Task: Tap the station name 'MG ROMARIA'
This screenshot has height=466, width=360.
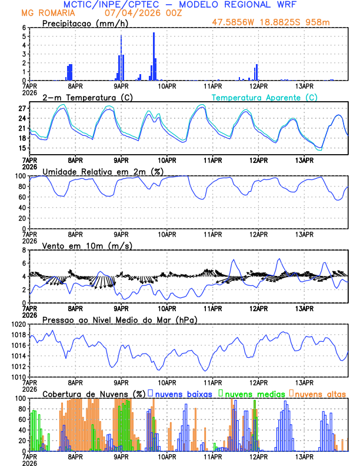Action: [43, 13]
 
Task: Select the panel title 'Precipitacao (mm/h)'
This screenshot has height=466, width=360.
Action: [85, 24]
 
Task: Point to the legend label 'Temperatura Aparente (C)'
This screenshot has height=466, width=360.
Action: [265, 97]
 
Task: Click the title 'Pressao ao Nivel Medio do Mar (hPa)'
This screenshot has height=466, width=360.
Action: [119, 319]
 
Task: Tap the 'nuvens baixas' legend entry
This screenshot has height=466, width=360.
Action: [184, 394]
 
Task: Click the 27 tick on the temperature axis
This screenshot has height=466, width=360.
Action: [22, 109]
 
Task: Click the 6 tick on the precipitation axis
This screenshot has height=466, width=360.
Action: [24, 28]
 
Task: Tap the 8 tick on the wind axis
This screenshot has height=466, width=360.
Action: [24, 250]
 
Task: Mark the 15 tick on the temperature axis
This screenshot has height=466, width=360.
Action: [22, 148]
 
